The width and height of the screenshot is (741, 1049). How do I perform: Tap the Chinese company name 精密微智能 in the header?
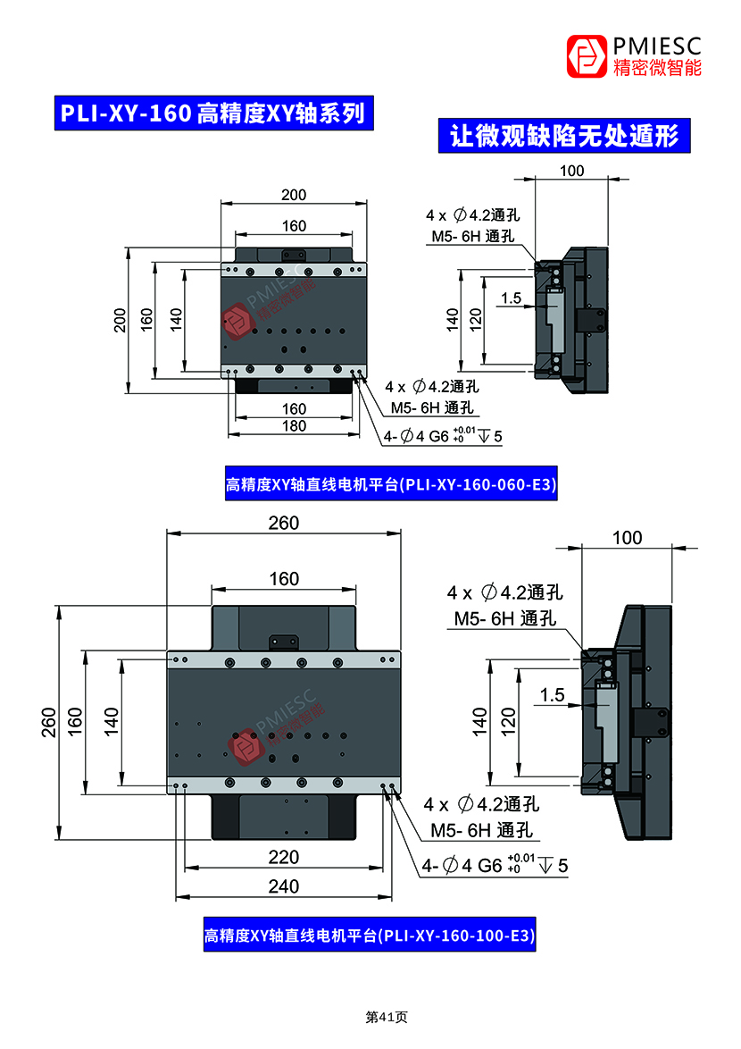pyautogui.click(x=657, y=68)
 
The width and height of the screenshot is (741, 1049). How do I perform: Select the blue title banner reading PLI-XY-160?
pyautogui.click(x=212, y=113)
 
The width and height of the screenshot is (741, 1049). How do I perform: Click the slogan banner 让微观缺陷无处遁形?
pyautogui.click(x=564, y=136)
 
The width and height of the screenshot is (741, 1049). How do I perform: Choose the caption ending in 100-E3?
pyautogui.click(x=370, y=936)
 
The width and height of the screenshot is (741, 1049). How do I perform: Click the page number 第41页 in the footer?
pyautogui.click(x=387, y=1017)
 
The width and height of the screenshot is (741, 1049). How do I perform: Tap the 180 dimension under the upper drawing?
pyautogui.click(x=294, y=426)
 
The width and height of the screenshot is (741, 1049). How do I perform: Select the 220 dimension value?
pyautogui.click(x=284, y=858)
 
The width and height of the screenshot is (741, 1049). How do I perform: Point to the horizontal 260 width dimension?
pyautogui.click(x=284, y=524)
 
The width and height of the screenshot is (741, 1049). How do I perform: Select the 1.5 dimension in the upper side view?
pyautogui.click(x=512, y=298)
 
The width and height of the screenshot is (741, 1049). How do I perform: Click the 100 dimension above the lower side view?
pyautogui.click(x=627, y=537)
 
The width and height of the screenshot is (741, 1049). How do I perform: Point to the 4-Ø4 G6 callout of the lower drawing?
pyautogui.click(x=495, y=865)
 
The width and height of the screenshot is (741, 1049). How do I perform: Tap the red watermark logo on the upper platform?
pyautogui.click(x=237, y=321)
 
